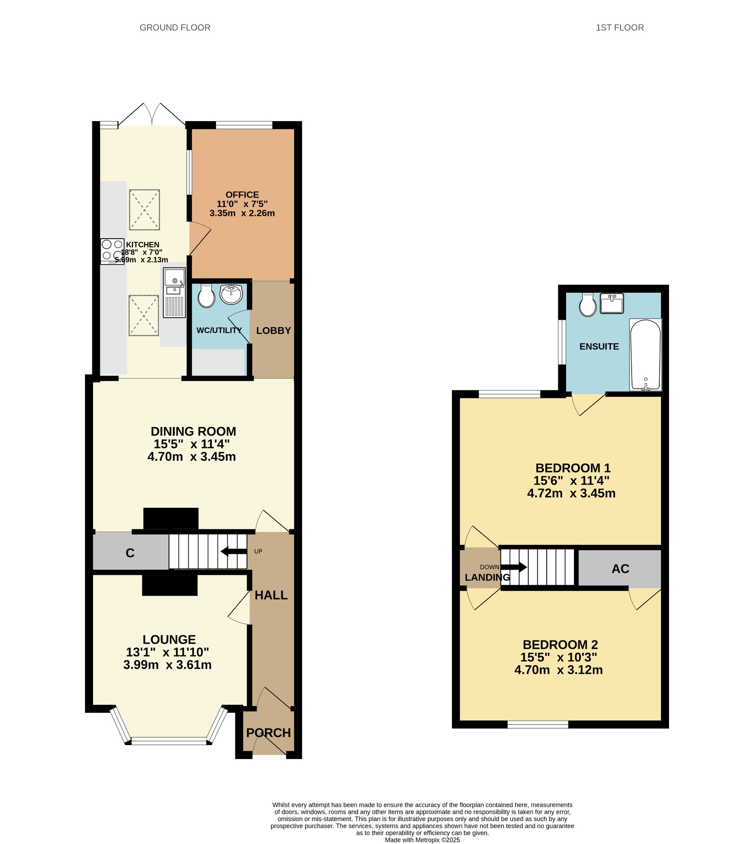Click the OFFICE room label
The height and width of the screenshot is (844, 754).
click(242, 195)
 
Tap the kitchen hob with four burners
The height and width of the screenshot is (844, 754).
click(112, 251)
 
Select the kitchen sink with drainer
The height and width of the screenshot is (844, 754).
click(174, 293)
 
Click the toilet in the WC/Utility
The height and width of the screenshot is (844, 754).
click(206, 296)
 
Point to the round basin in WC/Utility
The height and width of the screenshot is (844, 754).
click(231, 294)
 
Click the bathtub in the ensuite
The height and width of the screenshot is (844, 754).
click(646, 355)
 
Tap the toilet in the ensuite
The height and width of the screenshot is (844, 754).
click(588, 305)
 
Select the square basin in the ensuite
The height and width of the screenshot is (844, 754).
click(612, 303)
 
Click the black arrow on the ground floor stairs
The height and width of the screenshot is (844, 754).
click(234, 551)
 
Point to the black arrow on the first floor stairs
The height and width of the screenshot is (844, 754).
click(514, 567)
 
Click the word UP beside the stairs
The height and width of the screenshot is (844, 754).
click(258, 551)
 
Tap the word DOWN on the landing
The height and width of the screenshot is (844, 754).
click(489, 567)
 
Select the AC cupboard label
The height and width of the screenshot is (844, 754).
click(621, 569)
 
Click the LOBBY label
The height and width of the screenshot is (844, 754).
click(274, 331)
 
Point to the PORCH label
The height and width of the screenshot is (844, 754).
click(269, 733)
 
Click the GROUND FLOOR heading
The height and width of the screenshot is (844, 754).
click(175, 28)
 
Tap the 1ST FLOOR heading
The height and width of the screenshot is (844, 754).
click(620, 28)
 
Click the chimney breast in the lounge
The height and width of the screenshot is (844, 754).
click(170, 586)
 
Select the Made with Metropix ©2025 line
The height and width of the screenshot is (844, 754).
click(422, 840)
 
